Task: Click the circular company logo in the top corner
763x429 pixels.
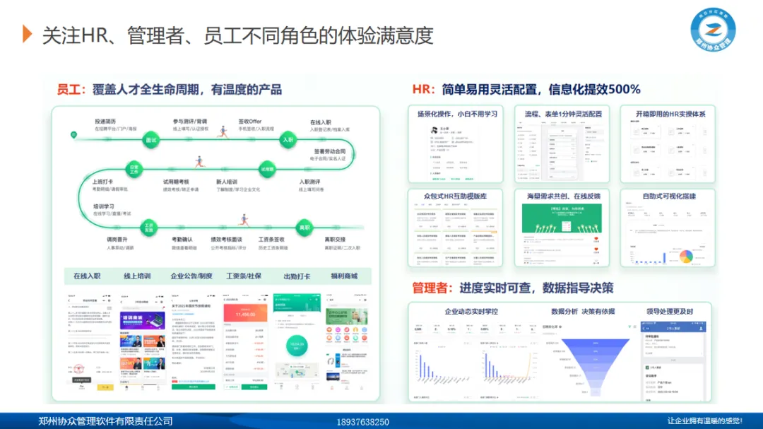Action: (x=713, y=34)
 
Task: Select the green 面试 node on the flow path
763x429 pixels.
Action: (x=150, y=141)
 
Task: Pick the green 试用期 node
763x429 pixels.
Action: (x=267, y=170)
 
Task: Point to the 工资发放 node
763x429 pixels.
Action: (x=149, y=228)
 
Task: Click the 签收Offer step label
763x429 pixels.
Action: (x=249, y=122)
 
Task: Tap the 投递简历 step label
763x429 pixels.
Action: (x=105, y=122)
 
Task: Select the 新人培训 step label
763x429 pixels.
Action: (x=227, y=182)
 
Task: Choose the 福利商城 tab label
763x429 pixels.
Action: (x=345, y=276)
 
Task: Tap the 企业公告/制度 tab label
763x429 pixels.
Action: (x=191, y=276)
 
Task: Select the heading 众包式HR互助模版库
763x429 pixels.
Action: (x=454, y=196)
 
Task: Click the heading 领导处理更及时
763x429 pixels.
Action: (x=669, y=312)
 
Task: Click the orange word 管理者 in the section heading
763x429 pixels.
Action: (x=433, y=288)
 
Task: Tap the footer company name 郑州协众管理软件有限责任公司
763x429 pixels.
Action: (x=106, y=421)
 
